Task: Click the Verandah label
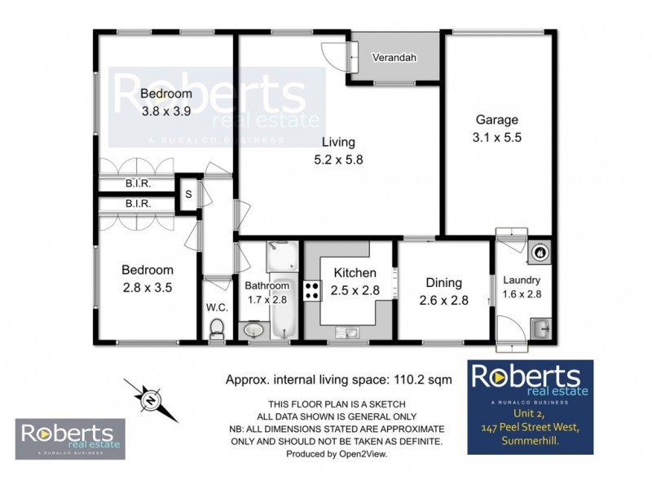[394, 58]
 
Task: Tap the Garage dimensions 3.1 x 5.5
[498, 138]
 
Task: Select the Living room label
[337, 142]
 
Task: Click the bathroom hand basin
[253, 331]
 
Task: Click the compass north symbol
[150, 400]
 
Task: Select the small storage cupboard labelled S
[187, 194]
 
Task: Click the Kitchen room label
[354, 272]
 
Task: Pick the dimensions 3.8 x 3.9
[166, 112]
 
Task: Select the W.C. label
[216, 307]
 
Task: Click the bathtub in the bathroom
[281, 314]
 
